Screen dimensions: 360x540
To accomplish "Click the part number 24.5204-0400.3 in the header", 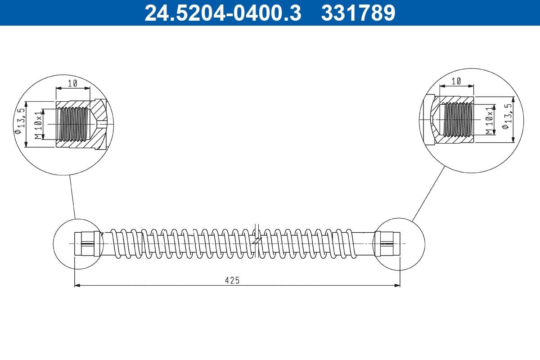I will click(222, 13).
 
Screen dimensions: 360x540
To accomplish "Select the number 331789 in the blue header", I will click(358, 13).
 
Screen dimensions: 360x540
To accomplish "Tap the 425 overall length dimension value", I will click(232, 280).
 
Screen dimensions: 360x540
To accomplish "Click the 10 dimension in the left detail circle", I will click(73, 83).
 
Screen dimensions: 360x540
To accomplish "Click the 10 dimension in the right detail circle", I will click(456, 81).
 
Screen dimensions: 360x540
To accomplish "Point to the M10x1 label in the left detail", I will click(39, 123).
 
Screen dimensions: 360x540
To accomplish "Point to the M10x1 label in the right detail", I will click(490, 120).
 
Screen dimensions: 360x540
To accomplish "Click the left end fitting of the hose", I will click(87, 243).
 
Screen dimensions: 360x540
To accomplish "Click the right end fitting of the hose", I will click(387, 243).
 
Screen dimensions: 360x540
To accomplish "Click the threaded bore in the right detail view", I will click(458, 119).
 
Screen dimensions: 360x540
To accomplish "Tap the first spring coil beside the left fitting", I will click(115, 243).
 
